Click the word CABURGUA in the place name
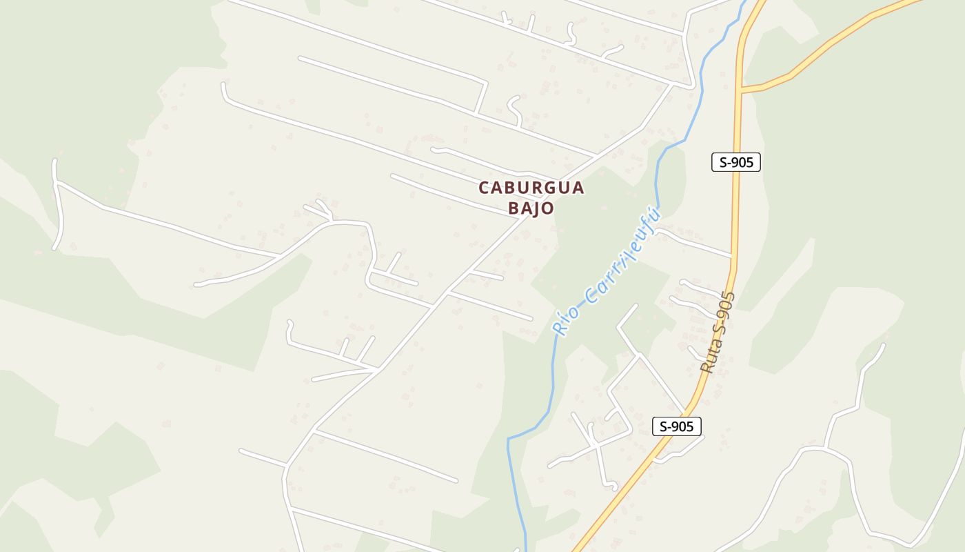[x=531, y=188]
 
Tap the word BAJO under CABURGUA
[x=531, y=208]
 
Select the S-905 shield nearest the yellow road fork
[x=735, y=162]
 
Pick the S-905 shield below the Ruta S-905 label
[x=676, y=426]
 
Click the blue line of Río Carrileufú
[x=552, y=386]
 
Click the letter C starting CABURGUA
[x=484, y=188]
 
